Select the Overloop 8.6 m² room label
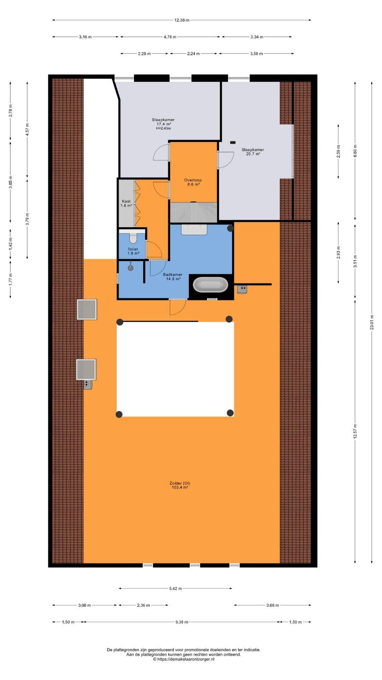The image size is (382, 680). click(193, 182)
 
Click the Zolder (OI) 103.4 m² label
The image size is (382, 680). click(180, 485)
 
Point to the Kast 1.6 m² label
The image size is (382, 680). click(126, 203)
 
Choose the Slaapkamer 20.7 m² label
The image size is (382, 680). click(253, 152)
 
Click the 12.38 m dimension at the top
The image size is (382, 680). click(182, 20)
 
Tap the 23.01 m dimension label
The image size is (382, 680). click(372, 322)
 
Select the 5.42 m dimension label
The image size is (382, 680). click(175, 589)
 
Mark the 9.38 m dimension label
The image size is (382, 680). click(181, 622)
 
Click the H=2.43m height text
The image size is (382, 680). click(163, 128)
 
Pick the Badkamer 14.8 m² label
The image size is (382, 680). click(173, 277)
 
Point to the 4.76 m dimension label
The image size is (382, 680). click(170, 37)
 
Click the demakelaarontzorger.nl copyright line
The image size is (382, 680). click(184, 659)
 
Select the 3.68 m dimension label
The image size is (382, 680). click(273, 605)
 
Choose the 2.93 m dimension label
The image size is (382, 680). click(338, 253)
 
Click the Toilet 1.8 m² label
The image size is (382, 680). click(133, 251)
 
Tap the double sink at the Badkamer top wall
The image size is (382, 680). click(194, 229)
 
